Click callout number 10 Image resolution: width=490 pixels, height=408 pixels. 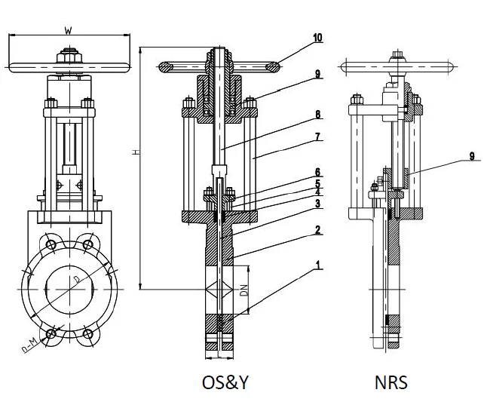pos(317,37)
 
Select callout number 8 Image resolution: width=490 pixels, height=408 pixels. pos(317,115)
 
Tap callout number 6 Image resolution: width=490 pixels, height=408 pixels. pos(317,172)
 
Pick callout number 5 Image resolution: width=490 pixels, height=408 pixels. pos(317,183)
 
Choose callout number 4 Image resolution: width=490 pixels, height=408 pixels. pos(317,192)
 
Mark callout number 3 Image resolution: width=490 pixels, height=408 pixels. pos(317,203)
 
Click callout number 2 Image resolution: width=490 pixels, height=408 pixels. pos(317,229)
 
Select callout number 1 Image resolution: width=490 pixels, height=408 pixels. pos(317,265)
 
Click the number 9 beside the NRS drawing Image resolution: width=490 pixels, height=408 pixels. pos(472,157)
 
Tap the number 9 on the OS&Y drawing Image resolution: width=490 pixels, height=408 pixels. pos(317,74)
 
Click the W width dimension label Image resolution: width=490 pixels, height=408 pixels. pos(69,30)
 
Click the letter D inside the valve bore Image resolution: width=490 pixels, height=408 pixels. pos(75,281)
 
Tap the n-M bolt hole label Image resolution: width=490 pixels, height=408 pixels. pos(29,345)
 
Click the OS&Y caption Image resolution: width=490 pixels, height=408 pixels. pos(225,382)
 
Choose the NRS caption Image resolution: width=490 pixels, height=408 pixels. pos(390,382)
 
